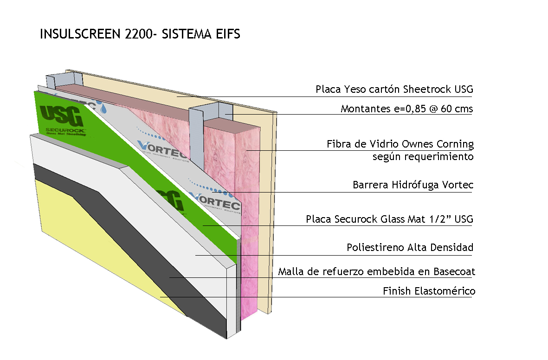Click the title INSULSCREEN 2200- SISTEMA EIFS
pos(140,34)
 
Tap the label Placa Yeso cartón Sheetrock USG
pos(394,89)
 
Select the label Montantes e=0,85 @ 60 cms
pos(406,109)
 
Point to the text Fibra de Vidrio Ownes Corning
pos(400,144)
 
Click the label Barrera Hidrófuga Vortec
pos(413,186)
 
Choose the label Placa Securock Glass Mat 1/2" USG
pos(389,219)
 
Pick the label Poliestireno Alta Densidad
pos(410,247)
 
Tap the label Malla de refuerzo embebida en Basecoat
pos(376,271)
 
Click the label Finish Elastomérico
pos(429,291)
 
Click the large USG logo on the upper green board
pos(62,116)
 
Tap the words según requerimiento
pos(423,156)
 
